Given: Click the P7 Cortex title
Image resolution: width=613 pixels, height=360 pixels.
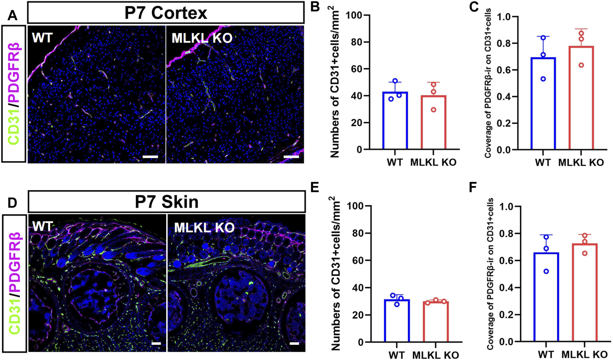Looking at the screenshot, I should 166,13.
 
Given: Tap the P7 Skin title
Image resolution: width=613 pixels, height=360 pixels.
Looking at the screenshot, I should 167,202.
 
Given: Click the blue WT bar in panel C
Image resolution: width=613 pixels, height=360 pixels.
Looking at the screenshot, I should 543,103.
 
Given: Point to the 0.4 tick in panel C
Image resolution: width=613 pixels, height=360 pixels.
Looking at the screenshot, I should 506,97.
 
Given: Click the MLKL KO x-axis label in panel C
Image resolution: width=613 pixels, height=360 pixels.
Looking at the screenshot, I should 581,162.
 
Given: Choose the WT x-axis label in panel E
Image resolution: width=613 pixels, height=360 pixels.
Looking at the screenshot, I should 397,355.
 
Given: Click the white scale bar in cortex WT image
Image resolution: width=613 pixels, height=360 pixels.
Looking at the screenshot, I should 150,157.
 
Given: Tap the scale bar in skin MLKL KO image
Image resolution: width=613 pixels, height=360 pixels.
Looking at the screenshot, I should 294,343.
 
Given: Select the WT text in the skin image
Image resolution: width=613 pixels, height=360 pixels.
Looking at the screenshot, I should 43,227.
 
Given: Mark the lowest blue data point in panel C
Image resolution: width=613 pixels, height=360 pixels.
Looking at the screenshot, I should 543,79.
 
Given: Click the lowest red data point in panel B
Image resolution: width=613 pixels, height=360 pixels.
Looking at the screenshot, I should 433,110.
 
